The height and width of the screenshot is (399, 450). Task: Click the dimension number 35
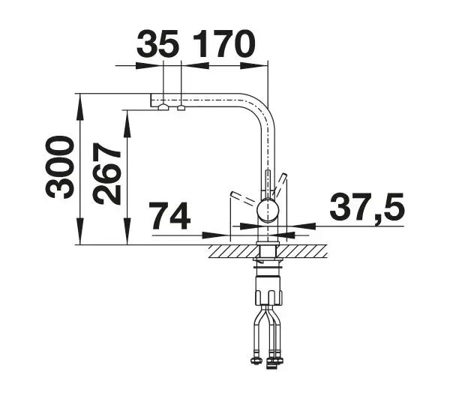[157, 44]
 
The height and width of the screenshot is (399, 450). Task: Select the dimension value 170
[224, 44]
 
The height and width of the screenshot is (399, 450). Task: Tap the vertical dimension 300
[59, 167]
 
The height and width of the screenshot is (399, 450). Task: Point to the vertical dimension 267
[106, 174]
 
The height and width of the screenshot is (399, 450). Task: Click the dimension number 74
[169, 215]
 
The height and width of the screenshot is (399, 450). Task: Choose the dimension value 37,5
[367, 208]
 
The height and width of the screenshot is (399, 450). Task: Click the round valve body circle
[268, 211]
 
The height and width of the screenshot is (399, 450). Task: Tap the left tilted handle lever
[243, 198]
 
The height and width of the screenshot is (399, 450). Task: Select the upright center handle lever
[268, 184]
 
